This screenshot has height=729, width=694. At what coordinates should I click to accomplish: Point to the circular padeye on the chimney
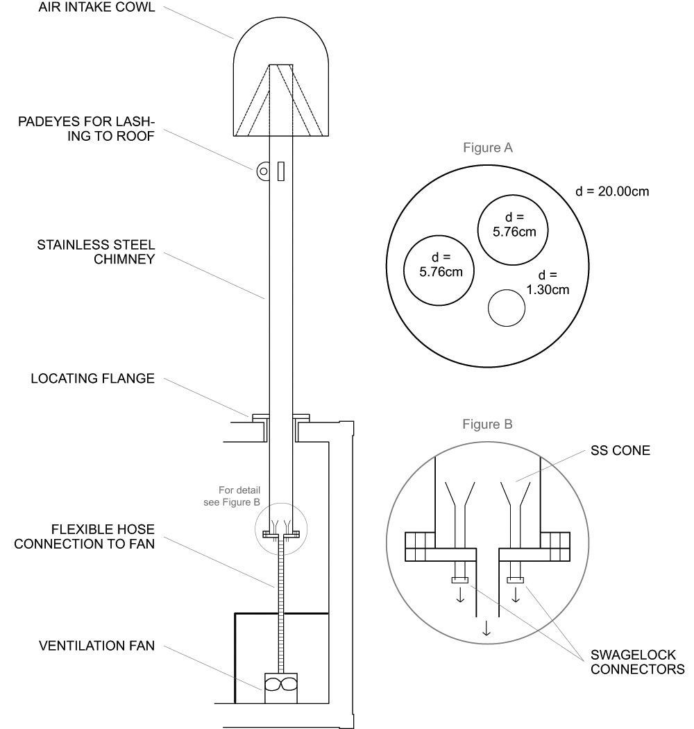262,171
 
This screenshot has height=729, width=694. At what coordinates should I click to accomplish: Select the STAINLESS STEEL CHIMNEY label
96,253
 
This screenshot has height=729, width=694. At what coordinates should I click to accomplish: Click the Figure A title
489,147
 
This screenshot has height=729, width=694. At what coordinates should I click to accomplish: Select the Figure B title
489,423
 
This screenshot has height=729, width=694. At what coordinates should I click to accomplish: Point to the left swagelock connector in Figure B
459,580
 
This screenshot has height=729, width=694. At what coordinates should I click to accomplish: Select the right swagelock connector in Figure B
515,580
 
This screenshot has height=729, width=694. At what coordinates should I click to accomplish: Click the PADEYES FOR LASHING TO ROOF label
87,130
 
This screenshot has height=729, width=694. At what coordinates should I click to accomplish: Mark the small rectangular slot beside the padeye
281,171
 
